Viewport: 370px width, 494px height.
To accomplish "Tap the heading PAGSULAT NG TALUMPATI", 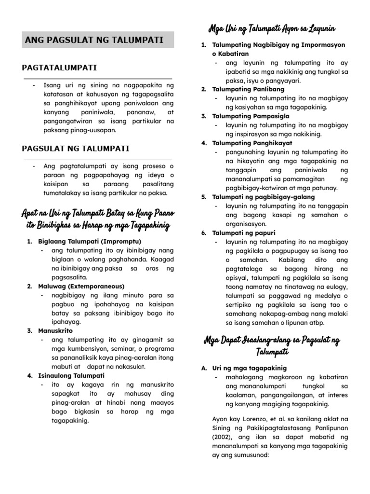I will (x=76, y=149).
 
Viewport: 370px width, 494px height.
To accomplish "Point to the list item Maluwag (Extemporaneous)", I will (x=81, y=286).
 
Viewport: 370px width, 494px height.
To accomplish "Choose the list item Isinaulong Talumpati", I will (x=71, y=375).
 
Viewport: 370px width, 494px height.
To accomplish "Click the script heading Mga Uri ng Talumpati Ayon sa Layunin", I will (x=272, y=28).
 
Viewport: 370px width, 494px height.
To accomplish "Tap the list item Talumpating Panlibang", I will (x=248, y=89).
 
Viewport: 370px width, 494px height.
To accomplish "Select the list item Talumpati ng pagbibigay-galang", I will (x=264, y=197).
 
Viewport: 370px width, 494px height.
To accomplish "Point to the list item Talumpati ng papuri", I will (x=244, y=233).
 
